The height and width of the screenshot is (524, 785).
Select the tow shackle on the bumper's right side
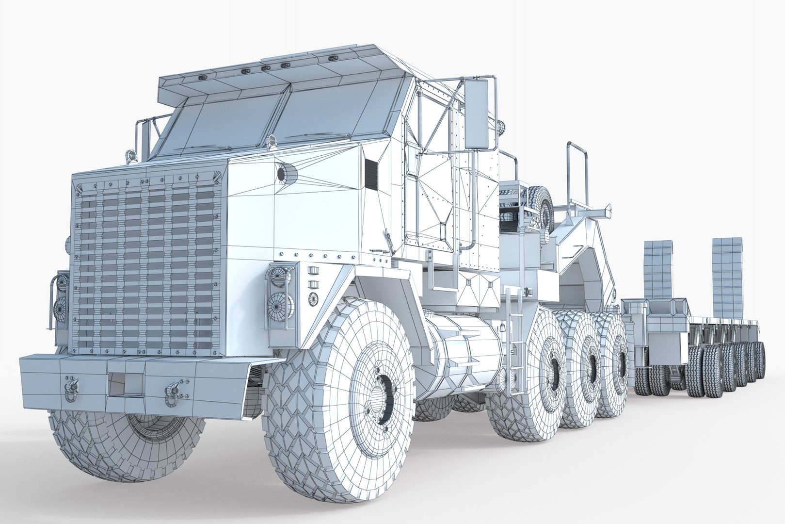tap(173, 389)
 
